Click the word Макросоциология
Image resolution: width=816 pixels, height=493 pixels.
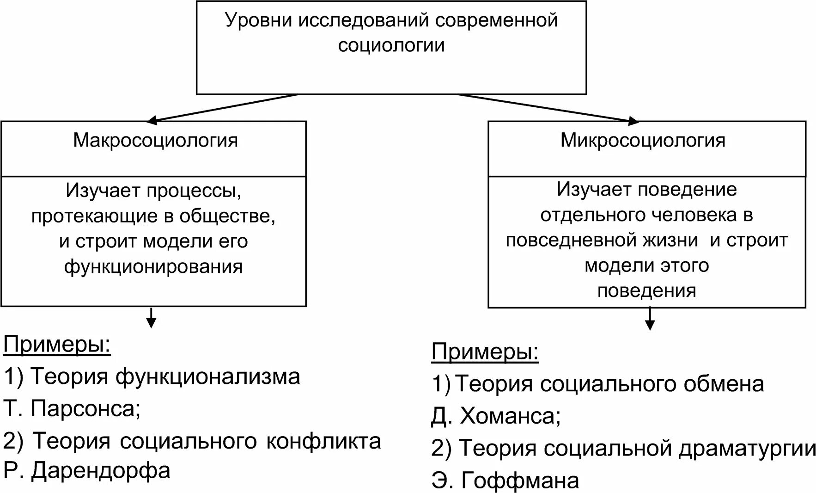tap(155, 141)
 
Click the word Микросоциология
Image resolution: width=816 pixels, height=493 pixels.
tap(643, 141)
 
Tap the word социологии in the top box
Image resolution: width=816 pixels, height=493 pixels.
tap(391, 45)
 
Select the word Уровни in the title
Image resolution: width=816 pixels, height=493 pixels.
tap(258, 21)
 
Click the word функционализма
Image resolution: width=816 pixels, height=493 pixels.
tap(208, 376)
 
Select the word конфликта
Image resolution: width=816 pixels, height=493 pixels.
tap(323, 441)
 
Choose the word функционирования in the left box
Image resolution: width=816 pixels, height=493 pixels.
tap(153, 267)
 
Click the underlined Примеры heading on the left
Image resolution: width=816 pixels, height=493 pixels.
tap(57, 345)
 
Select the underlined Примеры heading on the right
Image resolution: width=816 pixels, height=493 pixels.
tap(485, 352)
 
